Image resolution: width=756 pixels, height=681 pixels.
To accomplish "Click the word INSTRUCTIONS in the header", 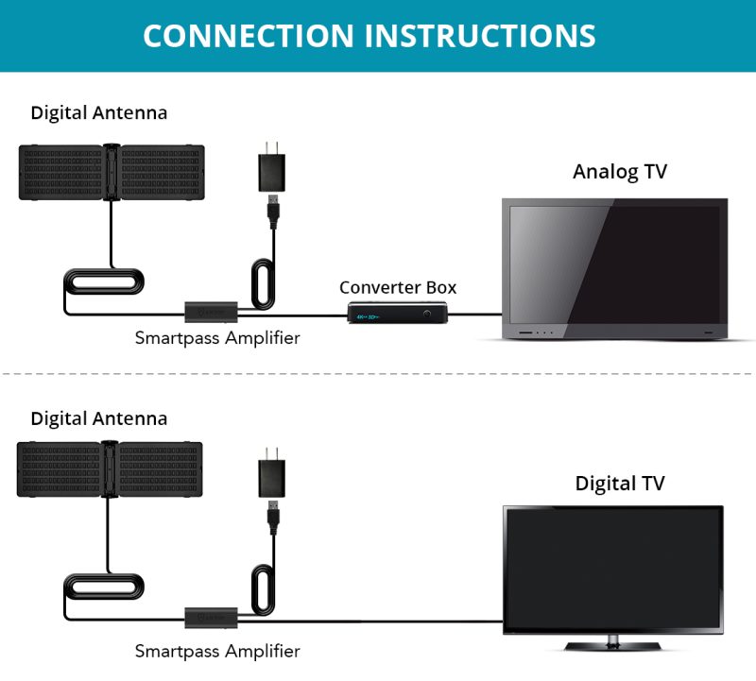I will pos(480,35).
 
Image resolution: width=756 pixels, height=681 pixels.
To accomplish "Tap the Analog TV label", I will pos(619,172).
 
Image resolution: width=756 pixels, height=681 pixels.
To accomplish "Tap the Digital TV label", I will pos(620,484).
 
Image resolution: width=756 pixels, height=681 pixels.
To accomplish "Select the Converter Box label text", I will pos(398,287).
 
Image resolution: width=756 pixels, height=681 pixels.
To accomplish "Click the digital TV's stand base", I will pos(612,646).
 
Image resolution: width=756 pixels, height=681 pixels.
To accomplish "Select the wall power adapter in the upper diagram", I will pos(271,170).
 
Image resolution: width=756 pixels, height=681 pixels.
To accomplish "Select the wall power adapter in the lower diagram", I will pos(271,474).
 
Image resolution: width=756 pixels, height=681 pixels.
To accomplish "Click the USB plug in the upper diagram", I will pos(272,212).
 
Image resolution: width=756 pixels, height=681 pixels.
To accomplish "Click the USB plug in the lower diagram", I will pos(272,516).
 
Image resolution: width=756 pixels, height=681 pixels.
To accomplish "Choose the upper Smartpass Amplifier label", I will pos(217,338).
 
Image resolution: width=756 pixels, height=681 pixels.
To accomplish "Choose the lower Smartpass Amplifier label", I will pos(217,651).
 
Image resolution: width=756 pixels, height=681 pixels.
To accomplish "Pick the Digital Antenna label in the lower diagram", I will pos(99,417).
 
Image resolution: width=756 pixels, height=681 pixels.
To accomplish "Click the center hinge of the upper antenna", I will pos(112,171).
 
